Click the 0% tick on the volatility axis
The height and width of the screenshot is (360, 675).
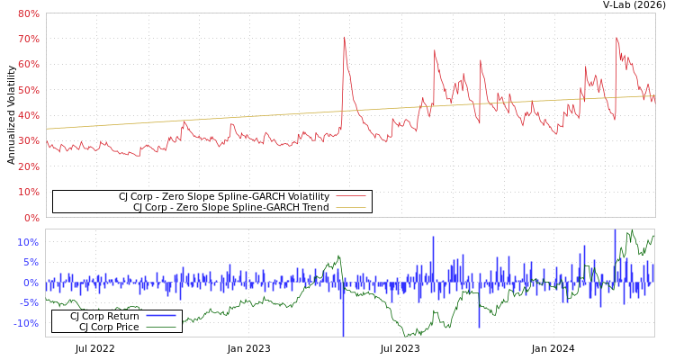pos(31,218)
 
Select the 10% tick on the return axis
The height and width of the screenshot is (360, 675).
pos(28,243)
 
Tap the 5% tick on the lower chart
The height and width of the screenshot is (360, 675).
pos(31,263)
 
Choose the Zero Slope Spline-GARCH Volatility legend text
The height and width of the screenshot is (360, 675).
pos(224,196)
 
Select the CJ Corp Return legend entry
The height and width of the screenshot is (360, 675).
pos(104,316)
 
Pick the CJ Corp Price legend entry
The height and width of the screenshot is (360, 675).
pos(109,327)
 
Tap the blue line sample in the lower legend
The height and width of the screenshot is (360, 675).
pos(160,316)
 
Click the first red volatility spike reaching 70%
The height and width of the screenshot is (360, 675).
pos(344,38)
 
